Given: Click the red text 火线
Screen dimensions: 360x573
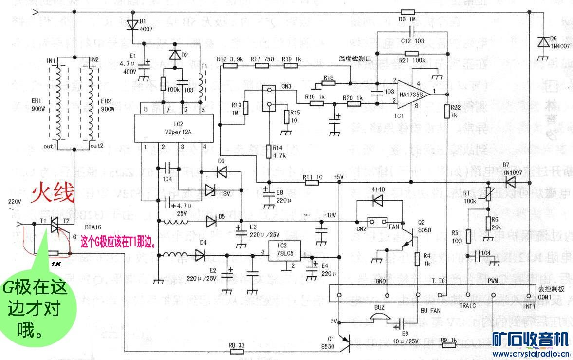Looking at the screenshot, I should click(x=53, y=193).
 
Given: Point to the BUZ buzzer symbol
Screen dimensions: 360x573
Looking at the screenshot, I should click(x=379, y=319).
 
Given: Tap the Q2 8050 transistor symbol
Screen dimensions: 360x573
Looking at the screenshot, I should click(x=410, y=241).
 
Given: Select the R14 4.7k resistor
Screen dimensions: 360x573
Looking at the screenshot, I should click(x=269, y=152).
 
